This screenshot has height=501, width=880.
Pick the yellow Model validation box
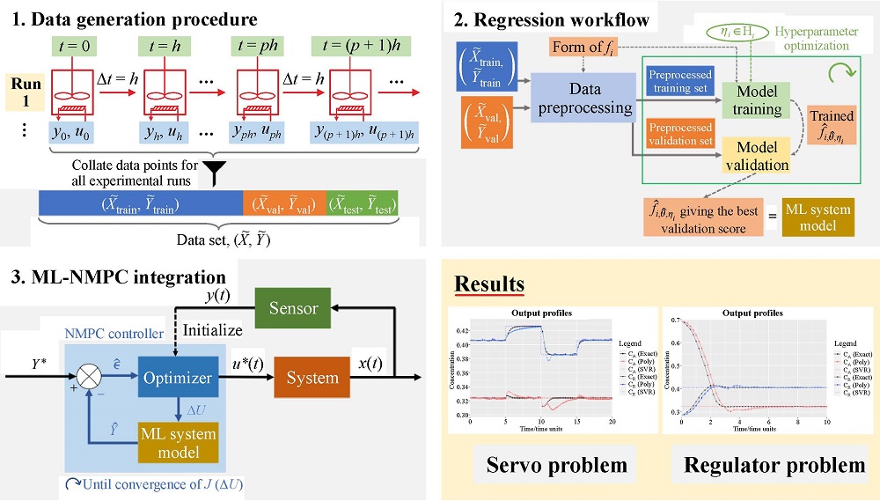pyautogui.click(x=757, y=155)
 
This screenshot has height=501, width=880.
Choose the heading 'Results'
pyautogui.click(x=489, y=284)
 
